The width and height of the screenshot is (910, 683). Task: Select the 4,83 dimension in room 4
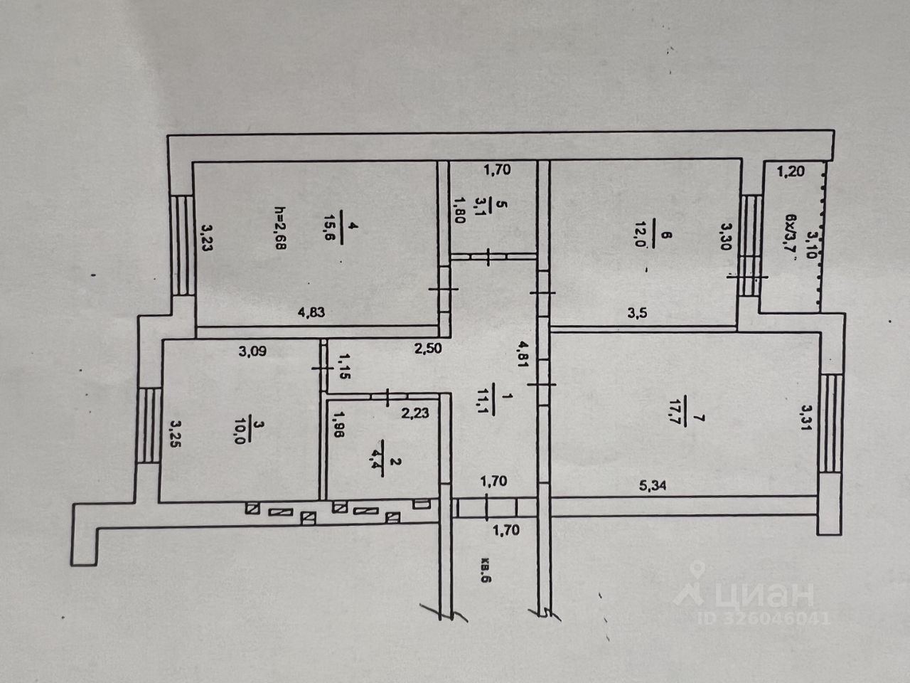[x=314, y=312]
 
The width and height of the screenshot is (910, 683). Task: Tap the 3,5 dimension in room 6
[x=636, y=312]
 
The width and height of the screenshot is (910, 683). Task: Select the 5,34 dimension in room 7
[x=653, y=485]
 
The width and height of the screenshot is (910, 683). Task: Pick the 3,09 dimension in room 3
[x=252, y=350]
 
